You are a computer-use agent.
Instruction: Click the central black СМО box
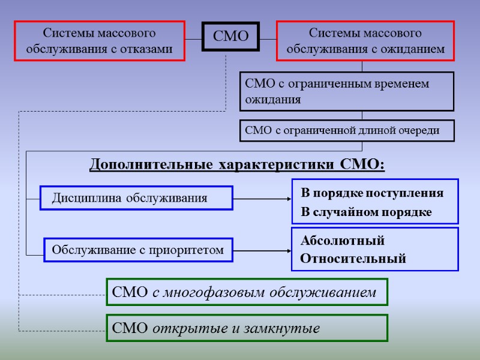tap(231, 36)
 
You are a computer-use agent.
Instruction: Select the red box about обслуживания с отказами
tap(100, 41)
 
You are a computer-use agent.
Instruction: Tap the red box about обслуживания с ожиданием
tap(365, 41)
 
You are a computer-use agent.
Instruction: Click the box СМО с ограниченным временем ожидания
tap(347, 92)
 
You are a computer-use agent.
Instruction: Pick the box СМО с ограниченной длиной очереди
tap(347, 130)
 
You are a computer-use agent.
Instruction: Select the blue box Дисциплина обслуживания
tap(136, 197)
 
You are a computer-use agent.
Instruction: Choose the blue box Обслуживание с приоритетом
tap(139, 249)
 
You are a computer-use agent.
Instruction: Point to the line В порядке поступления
tap(372, 193)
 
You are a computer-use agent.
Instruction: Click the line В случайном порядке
tap(366, 212)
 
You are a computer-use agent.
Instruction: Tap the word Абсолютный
tap(342, 241)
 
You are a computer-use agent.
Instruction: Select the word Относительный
tap(353, 259)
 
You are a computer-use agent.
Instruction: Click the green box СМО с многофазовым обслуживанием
tap(247, 292)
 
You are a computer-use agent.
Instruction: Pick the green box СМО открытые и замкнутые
tap(247, 328)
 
